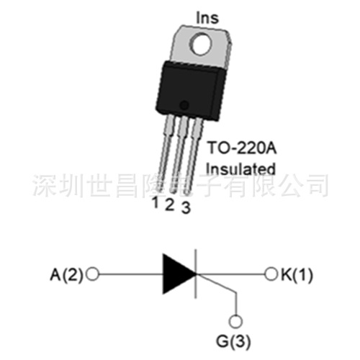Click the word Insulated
(241, 168)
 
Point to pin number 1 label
(155, 202)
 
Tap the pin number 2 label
(169, 204)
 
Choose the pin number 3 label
(185, 209)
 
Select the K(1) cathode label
(295, 274)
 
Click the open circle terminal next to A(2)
(91, 274)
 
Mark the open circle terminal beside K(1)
(271, 274)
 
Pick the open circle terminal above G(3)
(235, 321)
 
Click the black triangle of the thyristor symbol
(176, 274)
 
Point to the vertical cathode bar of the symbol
(197, 274)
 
